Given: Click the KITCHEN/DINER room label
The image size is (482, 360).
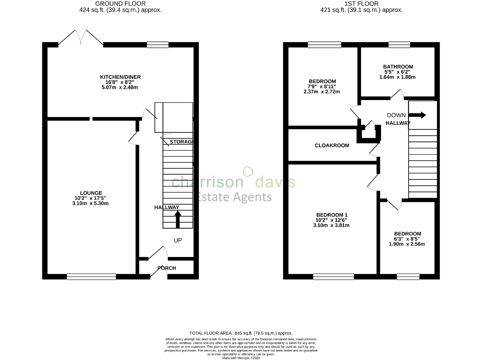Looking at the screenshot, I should (x=120, y=77).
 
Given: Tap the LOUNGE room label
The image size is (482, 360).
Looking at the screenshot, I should (x=91, y=193).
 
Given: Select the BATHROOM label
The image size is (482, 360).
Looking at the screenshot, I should (x=398, y=67).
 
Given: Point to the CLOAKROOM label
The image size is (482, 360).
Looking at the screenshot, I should (x=332, y=146).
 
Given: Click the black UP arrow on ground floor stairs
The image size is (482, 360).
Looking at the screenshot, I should (x=178, y=219).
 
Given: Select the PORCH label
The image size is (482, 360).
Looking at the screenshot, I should (x=167, y=268).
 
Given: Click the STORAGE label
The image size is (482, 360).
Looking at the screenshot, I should (x=182, y=142).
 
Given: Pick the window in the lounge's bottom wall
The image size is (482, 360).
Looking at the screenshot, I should (x=91, y=276).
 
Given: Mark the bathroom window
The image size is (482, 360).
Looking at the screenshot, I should (x=399, y=45).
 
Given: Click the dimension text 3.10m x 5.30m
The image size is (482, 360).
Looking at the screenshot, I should (x=91, y=204).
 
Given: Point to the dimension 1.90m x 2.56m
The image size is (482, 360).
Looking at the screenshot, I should (x=407, y=244).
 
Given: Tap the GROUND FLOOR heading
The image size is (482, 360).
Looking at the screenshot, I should (x=120, y=4).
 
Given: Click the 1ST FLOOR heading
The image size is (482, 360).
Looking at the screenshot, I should (x=361, y=4).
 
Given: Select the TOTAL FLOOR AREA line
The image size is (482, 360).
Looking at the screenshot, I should (x=241, y=333).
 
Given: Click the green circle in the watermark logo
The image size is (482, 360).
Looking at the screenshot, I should (x=247, y=172).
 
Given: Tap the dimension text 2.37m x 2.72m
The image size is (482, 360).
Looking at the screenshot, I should (x=322, y=92).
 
